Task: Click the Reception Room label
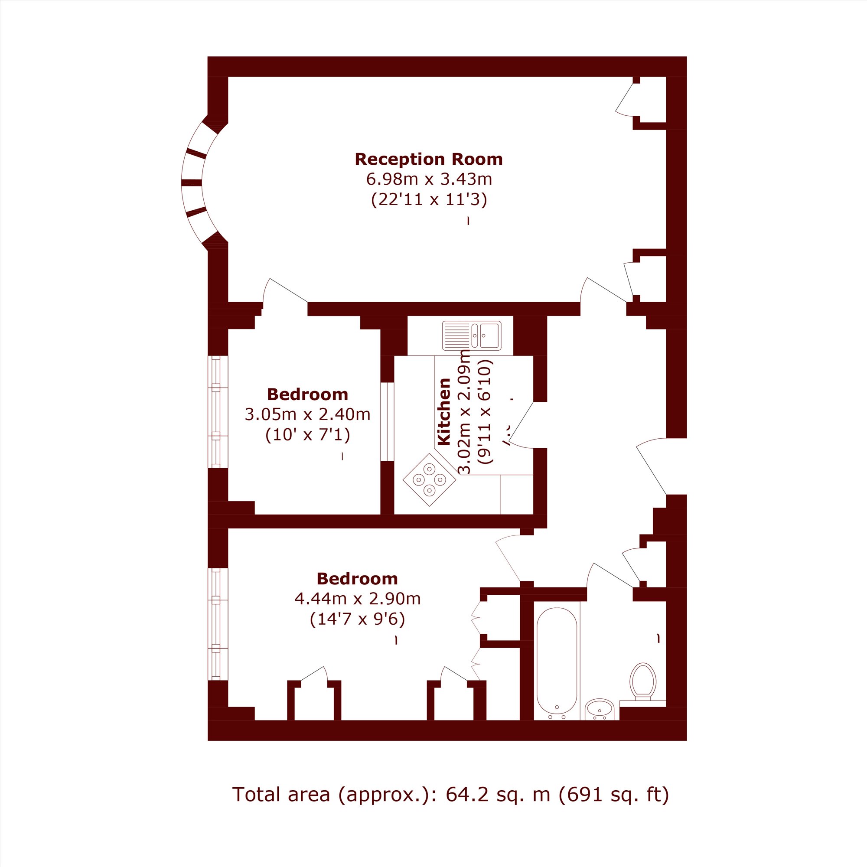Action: tap(429, 159)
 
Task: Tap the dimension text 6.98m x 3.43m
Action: tap(429, 179)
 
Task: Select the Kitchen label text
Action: tap(444, 412)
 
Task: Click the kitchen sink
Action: tap(472, 336)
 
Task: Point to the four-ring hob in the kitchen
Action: tap(430, 480)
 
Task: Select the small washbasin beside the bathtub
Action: tap(600, 710)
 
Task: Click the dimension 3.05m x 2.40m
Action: tap(307, 414)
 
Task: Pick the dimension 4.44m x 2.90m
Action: tap(358, 599)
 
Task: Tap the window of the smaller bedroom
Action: tap(218, 412)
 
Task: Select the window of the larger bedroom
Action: tap(218, 624)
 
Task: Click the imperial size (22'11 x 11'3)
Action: tap(429, 199)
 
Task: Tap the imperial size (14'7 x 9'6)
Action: tap(358, 619)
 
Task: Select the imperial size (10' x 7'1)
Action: tap(308, 434)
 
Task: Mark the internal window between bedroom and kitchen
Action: tap(387, 422)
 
